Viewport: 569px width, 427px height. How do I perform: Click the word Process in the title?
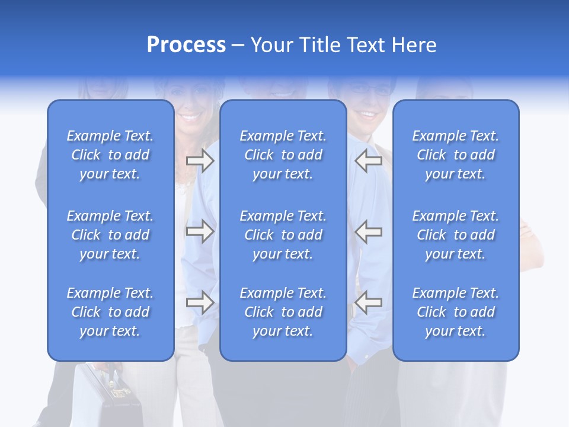point(186,45)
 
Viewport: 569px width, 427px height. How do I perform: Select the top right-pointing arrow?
point(200,161)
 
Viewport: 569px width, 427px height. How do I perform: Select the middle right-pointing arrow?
point(200,231)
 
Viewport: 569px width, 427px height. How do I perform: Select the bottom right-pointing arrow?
point(200,302)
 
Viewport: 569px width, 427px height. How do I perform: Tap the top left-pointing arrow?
point(368,161)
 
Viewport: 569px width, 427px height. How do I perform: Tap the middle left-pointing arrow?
point(368,231)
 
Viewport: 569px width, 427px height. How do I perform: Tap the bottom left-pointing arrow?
point(368,302)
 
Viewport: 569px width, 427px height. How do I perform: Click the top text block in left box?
point(110,155)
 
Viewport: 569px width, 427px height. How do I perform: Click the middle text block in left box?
point(110,235)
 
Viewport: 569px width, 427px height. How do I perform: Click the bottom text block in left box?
point(110,312)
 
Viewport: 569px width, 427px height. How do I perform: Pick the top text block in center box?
point(283,155)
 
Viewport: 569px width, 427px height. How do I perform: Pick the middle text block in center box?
point(283,235)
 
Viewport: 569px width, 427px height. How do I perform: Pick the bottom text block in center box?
point(283,312)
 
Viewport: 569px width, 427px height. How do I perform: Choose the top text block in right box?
point(455,155)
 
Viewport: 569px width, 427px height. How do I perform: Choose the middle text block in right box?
point(455,235)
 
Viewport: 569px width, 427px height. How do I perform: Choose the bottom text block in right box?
point(455,312)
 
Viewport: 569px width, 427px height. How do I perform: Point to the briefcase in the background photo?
point(116,394)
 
